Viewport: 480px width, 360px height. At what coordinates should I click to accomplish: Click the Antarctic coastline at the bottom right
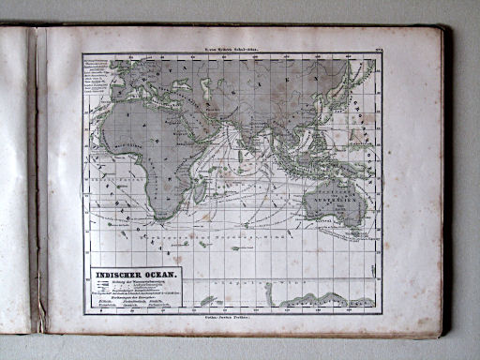click(x=328, y=299)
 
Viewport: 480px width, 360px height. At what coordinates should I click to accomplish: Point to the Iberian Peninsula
click(x=108, y=92)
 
